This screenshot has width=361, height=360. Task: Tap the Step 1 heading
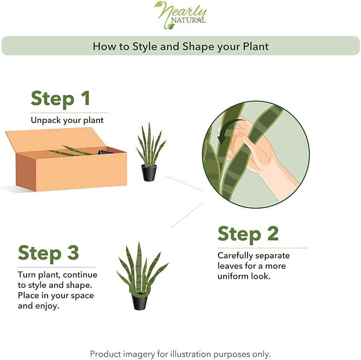click(x=60, y=99)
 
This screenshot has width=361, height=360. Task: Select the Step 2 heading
click(x=248, y=234)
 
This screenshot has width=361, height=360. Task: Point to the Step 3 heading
click(x=49, y=253)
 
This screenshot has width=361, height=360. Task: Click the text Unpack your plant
click(x=67, y=120)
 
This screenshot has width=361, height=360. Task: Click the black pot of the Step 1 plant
click(x=149, y=173)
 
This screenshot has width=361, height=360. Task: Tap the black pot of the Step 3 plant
click(x=139, y=301)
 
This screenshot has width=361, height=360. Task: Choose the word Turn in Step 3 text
click(x=26, y=274)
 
